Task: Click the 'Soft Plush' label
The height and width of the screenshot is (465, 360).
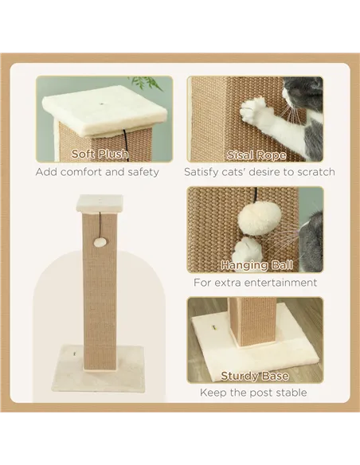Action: [100, 154]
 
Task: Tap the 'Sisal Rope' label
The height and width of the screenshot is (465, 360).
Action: [256, 154]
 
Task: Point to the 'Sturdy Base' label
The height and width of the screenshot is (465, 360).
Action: [256, 375]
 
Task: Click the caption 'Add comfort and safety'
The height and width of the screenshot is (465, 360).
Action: [97, 172]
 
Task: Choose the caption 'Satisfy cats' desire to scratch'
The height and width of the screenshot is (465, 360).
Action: [260, 172]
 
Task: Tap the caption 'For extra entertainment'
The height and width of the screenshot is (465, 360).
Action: [256, 282]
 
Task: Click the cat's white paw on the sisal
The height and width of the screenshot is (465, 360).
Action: [257, 112]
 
